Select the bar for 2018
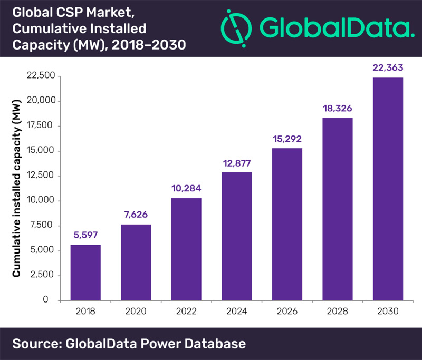click(x=85, y=272)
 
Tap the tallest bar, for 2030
click(x=388, y=189)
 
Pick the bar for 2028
click(x=337, y=209)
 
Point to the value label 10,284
click(x=186, y=188)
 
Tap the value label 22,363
click(x=388, y=67)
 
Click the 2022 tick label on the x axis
click(x=186, y=312)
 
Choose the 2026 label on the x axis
click(x=287, y=312)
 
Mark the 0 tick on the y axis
click(x=53, y=300)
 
